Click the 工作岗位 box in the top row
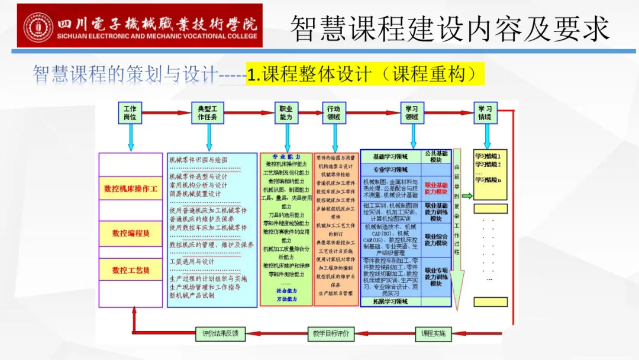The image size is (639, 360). point(130,113)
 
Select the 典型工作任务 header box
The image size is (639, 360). point(208,113)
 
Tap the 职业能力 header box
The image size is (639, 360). point(286,113)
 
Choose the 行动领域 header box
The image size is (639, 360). point(334,113)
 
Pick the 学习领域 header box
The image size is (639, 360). point(411,113)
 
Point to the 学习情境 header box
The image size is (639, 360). point(486,113)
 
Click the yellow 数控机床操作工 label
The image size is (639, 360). point(131,189)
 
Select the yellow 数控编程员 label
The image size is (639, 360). point(131,233)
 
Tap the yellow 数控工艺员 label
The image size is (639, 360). point(131,270)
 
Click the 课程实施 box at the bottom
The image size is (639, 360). point(433,334)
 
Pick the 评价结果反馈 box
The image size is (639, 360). point(220,334)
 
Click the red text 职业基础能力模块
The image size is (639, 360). point(436,189)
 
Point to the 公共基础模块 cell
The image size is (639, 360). point(436,156)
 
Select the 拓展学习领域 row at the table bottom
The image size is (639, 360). point(390,301)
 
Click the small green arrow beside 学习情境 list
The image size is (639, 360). point(467,196)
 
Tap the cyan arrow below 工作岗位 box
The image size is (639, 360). point(131,139)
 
